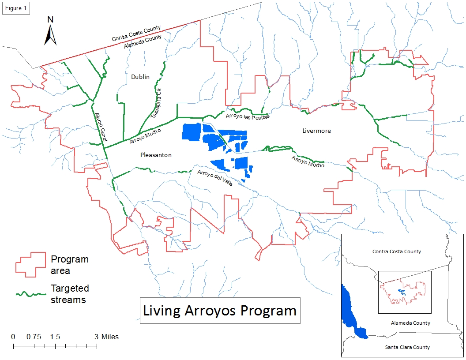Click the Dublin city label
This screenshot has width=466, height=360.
(x=140, y=77)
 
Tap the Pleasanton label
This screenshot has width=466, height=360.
(x=156, y=155)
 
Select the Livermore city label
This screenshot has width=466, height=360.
(x=316, y=131)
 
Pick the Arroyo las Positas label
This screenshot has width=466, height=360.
(x=247, y=116)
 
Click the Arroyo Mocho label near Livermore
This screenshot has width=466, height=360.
(x=308, y=161)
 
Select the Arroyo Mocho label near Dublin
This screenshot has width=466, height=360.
(x=145, y=136)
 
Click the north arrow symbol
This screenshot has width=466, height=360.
(x=51, y=31)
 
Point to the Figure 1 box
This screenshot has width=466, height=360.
(x=16, y=9)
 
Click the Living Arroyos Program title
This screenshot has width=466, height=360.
(x=220, y=310)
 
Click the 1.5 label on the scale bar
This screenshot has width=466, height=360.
(x=55, y=337)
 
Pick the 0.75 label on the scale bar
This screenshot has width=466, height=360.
(x=34, y=337)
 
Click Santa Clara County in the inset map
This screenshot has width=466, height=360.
(x=407, y=347)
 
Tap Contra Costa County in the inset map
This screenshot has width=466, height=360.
(x=396, y=251)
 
